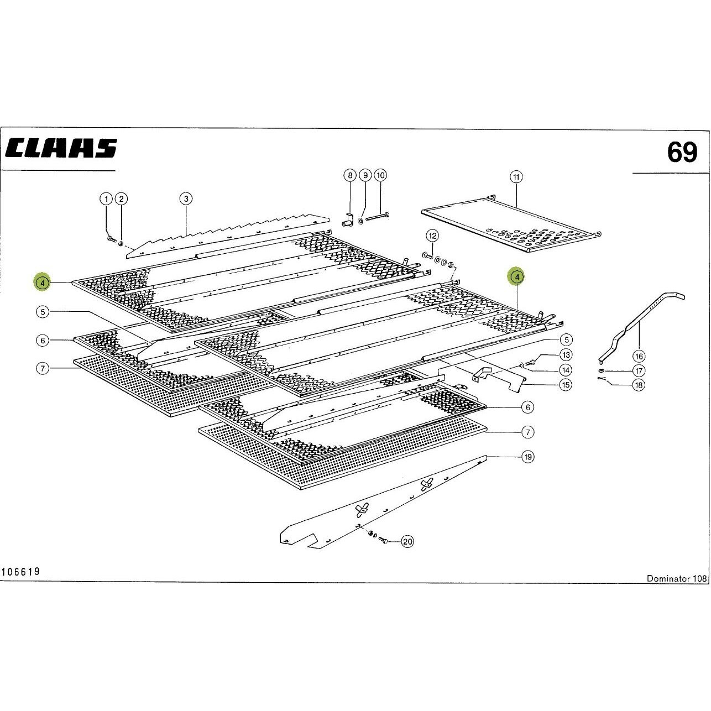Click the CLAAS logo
61,148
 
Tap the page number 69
682,153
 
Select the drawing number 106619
20,582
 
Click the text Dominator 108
677,588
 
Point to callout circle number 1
106,199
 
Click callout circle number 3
186,199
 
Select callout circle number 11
516,177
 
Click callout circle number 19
528,457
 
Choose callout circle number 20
407,541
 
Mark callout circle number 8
350,175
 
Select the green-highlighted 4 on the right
517,276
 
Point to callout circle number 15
565,384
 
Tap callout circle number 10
380,175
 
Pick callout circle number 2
121,199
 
